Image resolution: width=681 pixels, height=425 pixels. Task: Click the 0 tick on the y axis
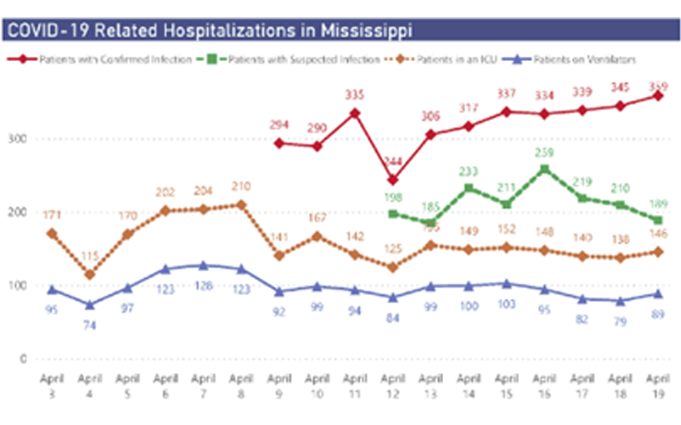[22, 359]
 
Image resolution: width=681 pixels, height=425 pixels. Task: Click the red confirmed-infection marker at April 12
[393, 180]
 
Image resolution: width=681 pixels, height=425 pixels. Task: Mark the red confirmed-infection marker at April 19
[658, 96]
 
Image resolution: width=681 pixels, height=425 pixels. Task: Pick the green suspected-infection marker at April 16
[544, 169]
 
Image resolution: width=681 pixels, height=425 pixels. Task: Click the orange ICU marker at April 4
[90, 275]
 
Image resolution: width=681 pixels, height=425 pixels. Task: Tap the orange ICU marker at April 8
[241, 205]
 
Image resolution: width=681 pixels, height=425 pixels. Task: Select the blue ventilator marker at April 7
[203, 265]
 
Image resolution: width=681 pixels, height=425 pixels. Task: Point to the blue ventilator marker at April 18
[620, 301]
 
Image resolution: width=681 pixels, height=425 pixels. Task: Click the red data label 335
[355, 94]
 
